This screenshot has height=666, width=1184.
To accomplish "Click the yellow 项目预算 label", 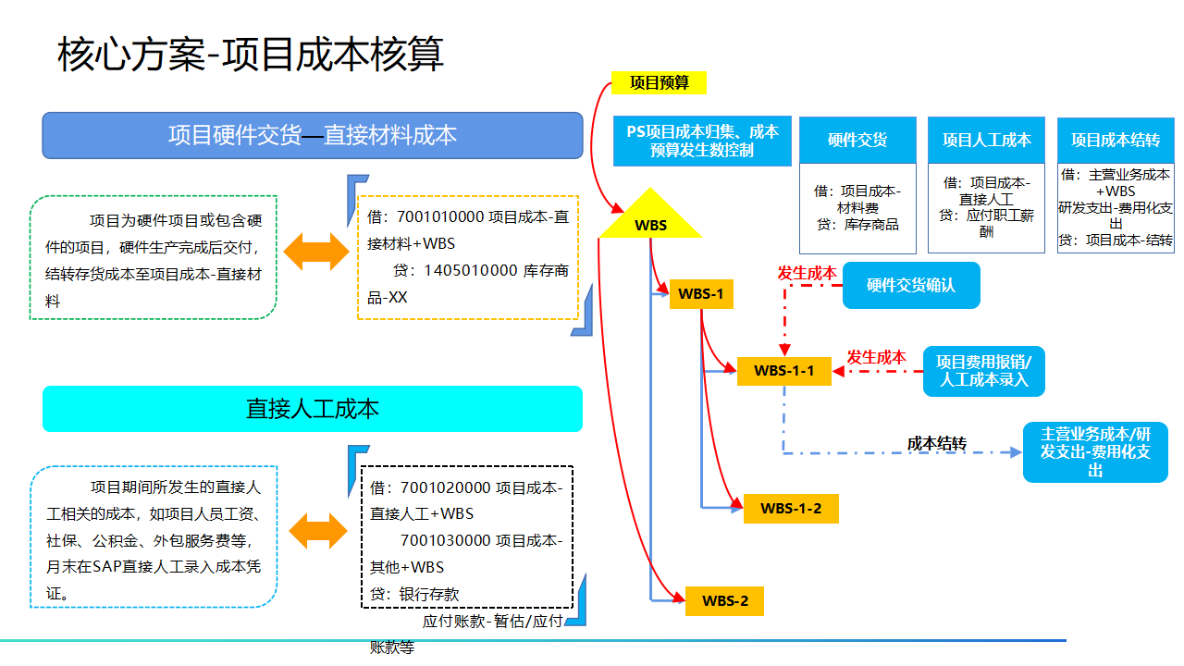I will (659, 82).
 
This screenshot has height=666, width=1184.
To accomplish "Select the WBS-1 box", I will (701, 294).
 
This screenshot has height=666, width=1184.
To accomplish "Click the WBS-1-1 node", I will (783, 371).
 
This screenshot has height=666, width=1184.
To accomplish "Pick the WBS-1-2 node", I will (791, 508).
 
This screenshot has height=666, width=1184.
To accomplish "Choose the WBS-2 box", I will (724, 601).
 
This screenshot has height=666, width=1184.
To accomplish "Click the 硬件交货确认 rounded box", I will (910, 286).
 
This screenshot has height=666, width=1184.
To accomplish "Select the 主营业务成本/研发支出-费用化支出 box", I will (1095, 452).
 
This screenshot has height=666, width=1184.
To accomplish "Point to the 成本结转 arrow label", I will (936, 444).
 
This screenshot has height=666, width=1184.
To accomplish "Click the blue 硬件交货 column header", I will (857, 140).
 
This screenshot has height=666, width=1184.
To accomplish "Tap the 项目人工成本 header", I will (986, 140).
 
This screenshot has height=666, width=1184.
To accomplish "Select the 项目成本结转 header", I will (1115, 140).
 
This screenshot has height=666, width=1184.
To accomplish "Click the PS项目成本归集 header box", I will (702, 141).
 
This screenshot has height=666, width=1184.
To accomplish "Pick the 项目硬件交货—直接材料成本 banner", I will (313, 135).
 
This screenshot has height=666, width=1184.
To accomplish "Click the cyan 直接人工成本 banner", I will (313, 409).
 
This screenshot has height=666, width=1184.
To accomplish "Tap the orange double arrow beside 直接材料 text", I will (317, 252).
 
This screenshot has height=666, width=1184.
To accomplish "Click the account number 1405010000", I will (470, 271).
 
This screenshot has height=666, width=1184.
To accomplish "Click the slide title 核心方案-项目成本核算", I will (251, 54).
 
